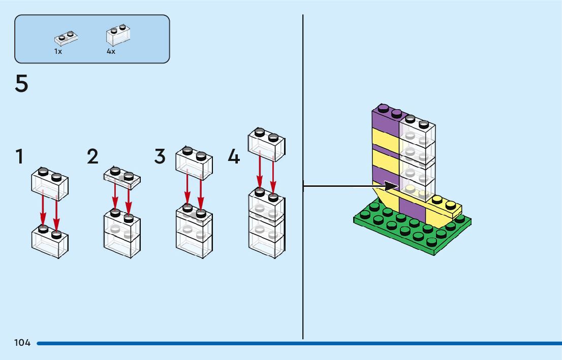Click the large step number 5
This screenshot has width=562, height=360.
21,84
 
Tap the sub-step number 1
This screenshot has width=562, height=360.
19,156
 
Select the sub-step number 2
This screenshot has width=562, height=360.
92,156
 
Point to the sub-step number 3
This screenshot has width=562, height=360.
160,156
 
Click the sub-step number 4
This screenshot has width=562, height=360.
233,156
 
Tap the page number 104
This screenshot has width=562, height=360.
22,343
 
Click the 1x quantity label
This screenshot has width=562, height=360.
58,51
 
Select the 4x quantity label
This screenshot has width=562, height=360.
111,51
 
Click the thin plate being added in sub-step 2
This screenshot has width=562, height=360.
122,177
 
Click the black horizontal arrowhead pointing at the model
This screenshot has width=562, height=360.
391,186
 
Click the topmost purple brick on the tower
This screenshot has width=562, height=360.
385,118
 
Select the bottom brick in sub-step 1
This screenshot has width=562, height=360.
50,243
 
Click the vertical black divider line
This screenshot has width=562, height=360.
303,254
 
